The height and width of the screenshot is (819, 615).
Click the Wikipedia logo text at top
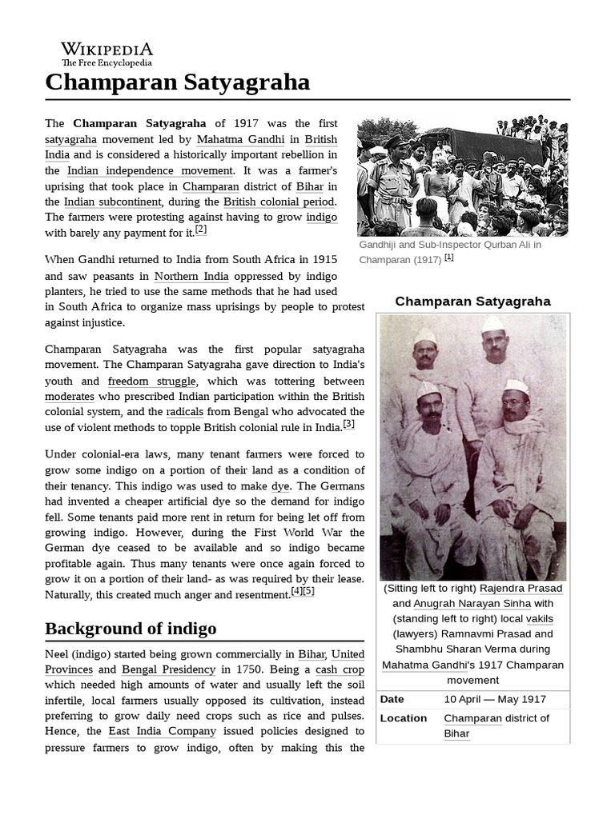[x=107, y=50]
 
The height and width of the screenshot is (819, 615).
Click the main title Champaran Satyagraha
[x=177, y=82]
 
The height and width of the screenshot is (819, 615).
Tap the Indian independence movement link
[x=150, y=170]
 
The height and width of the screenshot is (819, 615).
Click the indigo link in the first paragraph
[x=321, y=217]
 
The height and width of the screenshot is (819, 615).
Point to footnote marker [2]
[x=201, y=230]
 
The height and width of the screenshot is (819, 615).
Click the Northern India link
[x=191, y=276]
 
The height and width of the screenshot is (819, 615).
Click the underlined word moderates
[x=70, y=396]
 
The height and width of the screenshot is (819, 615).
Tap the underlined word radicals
[x=185, y=412]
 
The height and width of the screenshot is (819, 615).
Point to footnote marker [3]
[x=348, y=424]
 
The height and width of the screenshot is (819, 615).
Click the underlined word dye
[x=280, y=485]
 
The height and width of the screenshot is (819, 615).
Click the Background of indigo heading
[x=131, y=628]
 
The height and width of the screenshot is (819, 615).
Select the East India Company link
[x=163, y=731]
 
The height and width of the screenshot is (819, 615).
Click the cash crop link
[x=340, y=669]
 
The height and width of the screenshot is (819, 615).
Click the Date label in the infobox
[x=392, y=699]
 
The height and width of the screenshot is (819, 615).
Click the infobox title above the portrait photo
[x=472, y=302]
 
